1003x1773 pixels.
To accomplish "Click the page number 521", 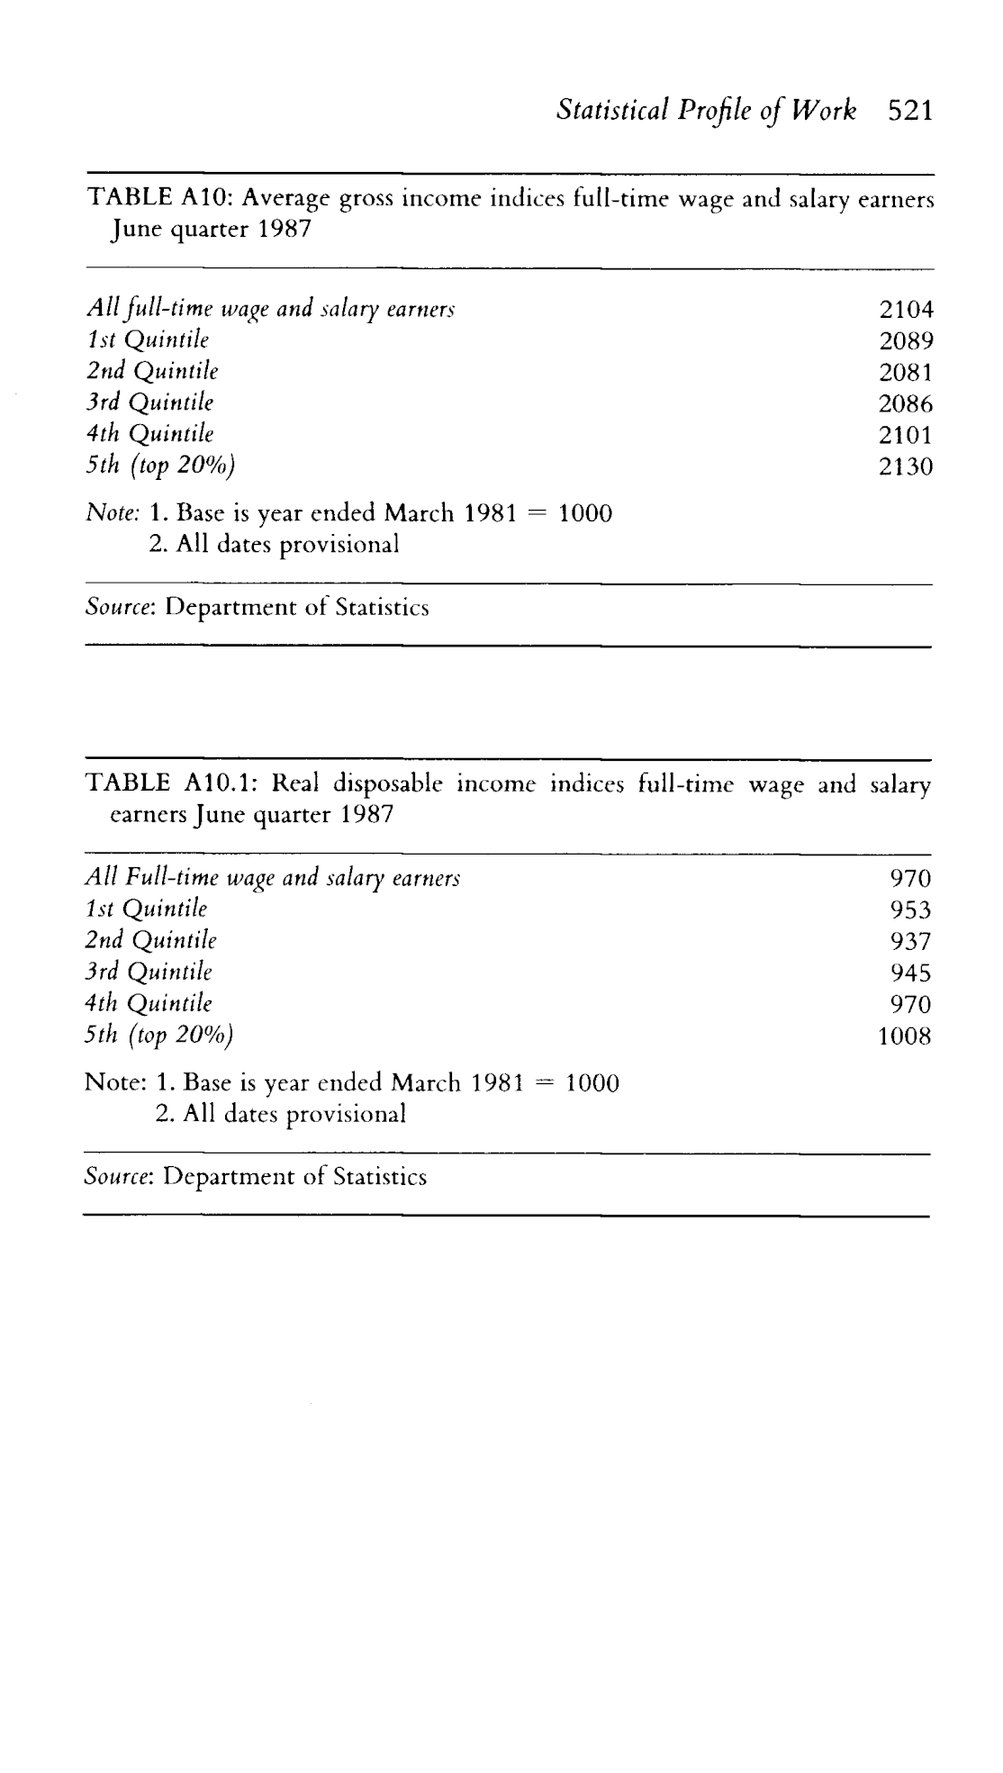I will (909, 111).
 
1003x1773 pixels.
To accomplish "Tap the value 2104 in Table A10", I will (906, 310).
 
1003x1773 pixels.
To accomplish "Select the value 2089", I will (906, 341).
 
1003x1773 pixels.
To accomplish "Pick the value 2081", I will (906, 372).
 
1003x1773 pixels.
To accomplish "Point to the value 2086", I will (906, 403).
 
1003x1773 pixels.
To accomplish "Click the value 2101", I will (906, 435).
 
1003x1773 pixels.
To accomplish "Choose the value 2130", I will (906, 466).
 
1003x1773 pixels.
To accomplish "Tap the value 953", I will (910, 909).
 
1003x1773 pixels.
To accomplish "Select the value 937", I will (910, 941).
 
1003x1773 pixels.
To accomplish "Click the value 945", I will (910, 972).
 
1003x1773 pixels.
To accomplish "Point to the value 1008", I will (905, 1036).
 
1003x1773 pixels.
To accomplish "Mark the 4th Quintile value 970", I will (910, 1004).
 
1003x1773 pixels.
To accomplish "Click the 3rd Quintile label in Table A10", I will (149, 403).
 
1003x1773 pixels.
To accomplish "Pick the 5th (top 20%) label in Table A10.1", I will (159, 1035).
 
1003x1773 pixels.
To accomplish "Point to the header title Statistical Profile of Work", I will (707, 111).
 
